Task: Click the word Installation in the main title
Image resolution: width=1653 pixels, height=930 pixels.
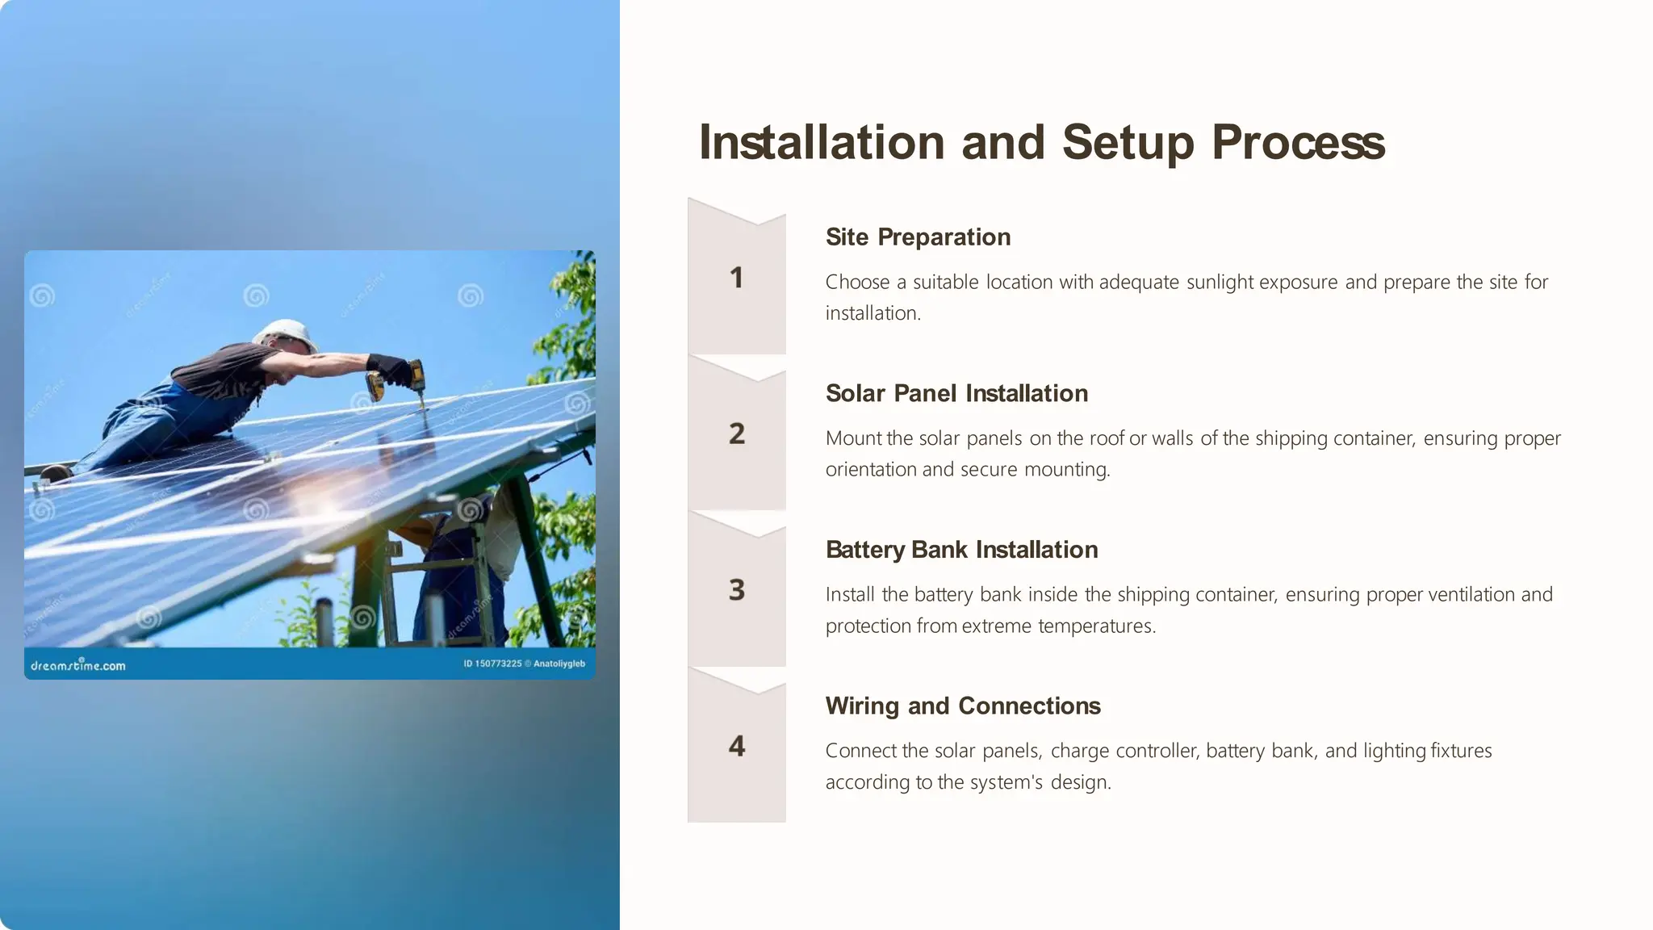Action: point(821,143)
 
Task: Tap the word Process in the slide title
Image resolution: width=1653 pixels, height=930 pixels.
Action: point(1298,143)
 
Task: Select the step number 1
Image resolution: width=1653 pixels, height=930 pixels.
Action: point(736,278)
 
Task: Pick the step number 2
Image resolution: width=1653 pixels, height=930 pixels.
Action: point(736,434)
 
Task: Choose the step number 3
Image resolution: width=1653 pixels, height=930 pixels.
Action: point(736,590)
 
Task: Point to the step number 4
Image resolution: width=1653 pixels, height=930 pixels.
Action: point(736,746)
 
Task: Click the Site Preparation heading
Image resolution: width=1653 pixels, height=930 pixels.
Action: point(918,237)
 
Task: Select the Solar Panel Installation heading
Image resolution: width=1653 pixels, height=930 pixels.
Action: point(956,394)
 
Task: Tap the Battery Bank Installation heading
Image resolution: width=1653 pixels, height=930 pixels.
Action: point(961,550)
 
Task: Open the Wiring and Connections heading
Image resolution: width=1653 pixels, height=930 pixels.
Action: point(963,706)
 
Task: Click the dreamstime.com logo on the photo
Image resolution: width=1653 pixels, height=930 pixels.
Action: point(78,665)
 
